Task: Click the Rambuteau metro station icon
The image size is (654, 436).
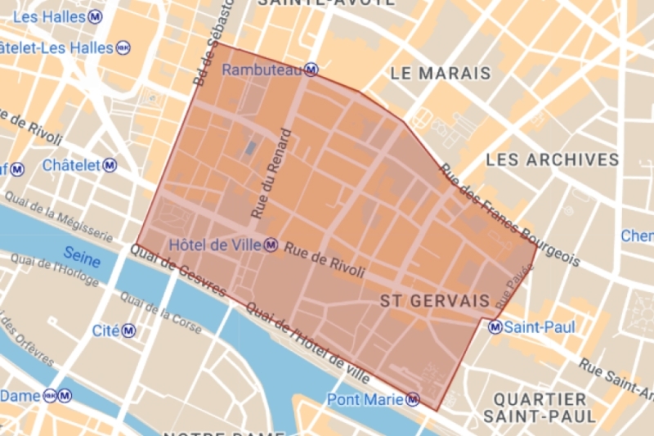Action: [311, 70]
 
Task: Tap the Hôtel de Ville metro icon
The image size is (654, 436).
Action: [270, 245]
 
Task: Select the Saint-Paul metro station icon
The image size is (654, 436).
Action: [495, 327]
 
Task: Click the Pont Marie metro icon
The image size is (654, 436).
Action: [413, 399]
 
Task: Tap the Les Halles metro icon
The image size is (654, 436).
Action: [96, 16]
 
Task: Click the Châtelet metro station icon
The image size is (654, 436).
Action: [110, 165]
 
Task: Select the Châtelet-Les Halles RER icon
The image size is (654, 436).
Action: [123, 48]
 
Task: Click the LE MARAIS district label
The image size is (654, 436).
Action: [441, 74]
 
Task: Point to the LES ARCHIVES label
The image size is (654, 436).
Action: [552, 159]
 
